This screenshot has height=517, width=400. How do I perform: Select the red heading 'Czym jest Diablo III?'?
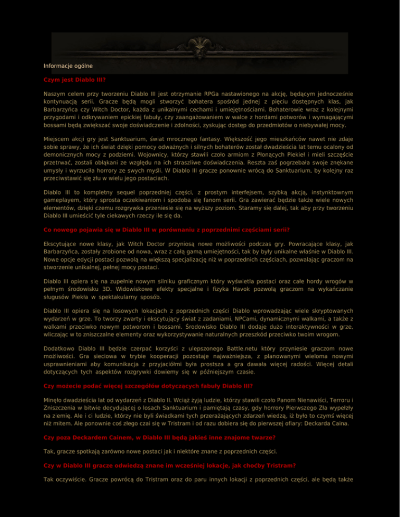75,81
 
